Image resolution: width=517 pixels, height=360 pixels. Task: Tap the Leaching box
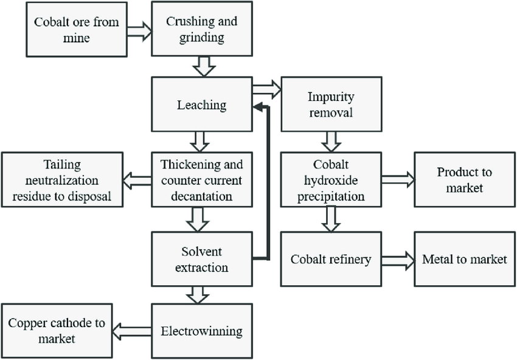tap(201, 105)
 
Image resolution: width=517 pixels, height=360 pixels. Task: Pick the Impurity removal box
tap(331, 105)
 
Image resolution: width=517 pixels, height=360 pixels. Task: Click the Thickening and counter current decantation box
tap(201, 180)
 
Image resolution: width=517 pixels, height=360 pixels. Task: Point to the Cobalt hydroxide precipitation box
tap(331, 180)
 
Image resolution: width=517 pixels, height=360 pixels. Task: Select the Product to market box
tap(464, 180)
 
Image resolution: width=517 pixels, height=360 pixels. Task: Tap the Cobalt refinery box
tap(331, 259)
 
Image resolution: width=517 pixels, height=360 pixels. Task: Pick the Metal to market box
tap(464, 259)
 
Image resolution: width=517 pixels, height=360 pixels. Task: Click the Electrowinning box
tap(201, 331)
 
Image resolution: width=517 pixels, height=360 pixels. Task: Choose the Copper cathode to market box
tap(57, 331)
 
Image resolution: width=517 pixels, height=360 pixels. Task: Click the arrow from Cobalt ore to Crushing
tap(139, 31)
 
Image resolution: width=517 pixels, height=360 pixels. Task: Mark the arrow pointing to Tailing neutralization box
tap(137, 179)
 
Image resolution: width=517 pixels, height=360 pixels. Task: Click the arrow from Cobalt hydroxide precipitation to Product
tap(398, 179)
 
